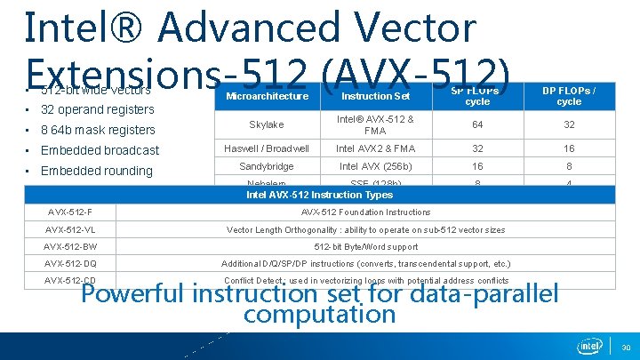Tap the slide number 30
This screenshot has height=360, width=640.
(x=625, y=347)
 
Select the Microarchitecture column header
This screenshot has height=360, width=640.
(x=267, y=96)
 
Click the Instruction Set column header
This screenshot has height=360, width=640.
(x=375, y=96)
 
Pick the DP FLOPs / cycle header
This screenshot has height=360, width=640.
(x=569, y=95)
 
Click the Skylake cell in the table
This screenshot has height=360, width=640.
(x=267, y=125)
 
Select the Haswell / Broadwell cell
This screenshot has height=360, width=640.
(x=267, y=148)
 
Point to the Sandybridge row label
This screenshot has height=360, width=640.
(x=267, y=166)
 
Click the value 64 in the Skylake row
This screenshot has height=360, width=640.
(x=477, y=125)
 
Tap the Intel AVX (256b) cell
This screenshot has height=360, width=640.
(x=375, y=166)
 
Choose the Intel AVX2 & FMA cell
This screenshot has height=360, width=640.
(x=375, y=148)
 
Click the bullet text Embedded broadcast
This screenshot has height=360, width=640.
(x=100, y=150)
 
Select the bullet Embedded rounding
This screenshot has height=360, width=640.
(x=97, y=171)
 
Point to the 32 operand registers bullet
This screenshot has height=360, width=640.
(x=97, y=110)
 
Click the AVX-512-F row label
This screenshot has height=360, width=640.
(x=68, y=212)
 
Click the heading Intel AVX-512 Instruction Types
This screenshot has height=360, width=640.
(x=319, y=195)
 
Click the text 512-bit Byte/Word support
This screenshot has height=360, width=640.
(x=366, y=246)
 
